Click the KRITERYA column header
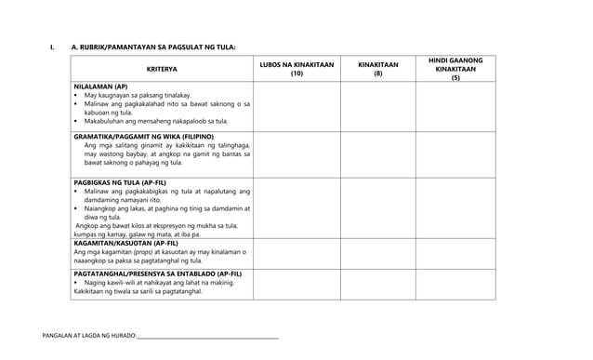162,68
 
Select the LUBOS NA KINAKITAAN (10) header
296,68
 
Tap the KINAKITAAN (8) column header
378,68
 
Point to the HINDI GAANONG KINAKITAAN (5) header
455,68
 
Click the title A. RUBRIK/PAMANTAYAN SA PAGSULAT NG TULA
153,46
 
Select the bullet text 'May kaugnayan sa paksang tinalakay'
138,96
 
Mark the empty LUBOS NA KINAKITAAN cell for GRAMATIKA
296,153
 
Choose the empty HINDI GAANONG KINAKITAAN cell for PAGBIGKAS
455,207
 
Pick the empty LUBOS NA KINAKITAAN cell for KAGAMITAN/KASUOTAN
296,254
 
